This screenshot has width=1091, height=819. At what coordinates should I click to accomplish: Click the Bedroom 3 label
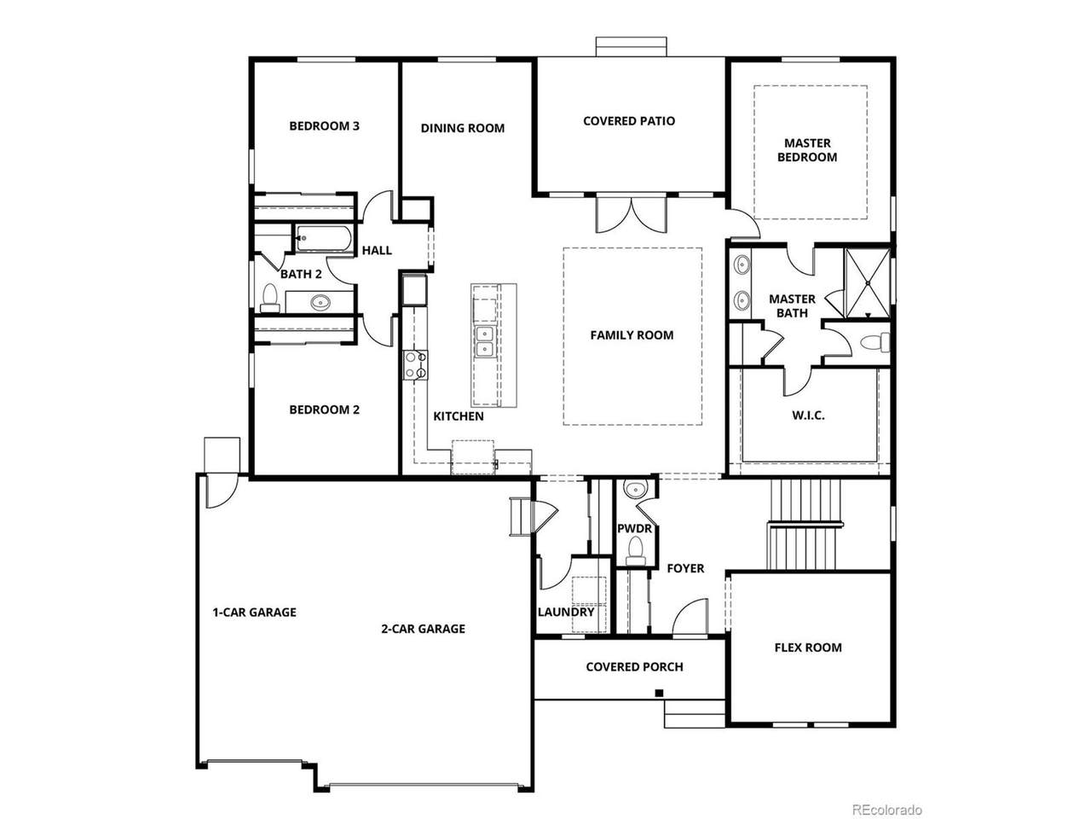pos(324,125)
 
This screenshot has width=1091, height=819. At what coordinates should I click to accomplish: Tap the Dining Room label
pos(462,128)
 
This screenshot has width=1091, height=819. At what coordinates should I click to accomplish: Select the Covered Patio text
pos(629,121)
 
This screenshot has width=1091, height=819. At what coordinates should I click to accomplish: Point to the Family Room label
pos(632,335)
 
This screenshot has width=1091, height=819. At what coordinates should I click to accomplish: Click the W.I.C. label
pos(808,415)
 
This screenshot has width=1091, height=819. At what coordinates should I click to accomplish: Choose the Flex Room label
pos(808,648)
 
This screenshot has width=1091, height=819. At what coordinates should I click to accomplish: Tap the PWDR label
pos(634,529)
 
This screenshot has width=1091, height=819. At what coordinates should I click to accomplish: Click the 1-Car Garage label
pos(255,613)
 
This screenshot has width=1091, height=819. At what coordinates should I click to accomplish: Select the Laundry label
pos(566,612)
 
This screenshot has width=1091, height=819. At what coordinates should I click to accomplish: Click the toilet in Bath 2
pos(270,298)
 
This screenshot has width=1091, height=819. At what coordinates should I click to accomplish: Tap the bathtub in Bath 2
pos(324,239)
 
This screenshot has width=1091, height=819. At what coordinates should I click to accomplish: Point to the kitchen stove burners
pos(415,365)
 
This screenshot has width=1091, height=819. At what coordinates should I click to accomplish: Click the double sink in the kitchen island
pos(485,341)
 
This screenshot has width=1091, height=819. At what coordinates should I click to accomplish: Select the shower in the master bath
pos(868,283)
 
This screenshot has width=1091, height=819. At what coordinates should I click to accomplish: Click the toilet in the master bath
pos(875,343)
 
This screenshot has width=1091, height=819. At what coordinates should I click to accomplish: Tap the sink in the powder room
pos(635,490)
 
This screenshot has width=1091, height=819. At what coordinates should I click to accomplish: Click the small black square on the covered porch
pos(659,693)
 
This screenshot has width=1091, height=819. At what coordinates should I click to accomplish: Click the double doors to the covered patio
pos(632,214)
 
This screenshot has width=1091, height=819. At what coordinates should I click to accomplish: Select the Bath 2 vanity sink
pos(320,301)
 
